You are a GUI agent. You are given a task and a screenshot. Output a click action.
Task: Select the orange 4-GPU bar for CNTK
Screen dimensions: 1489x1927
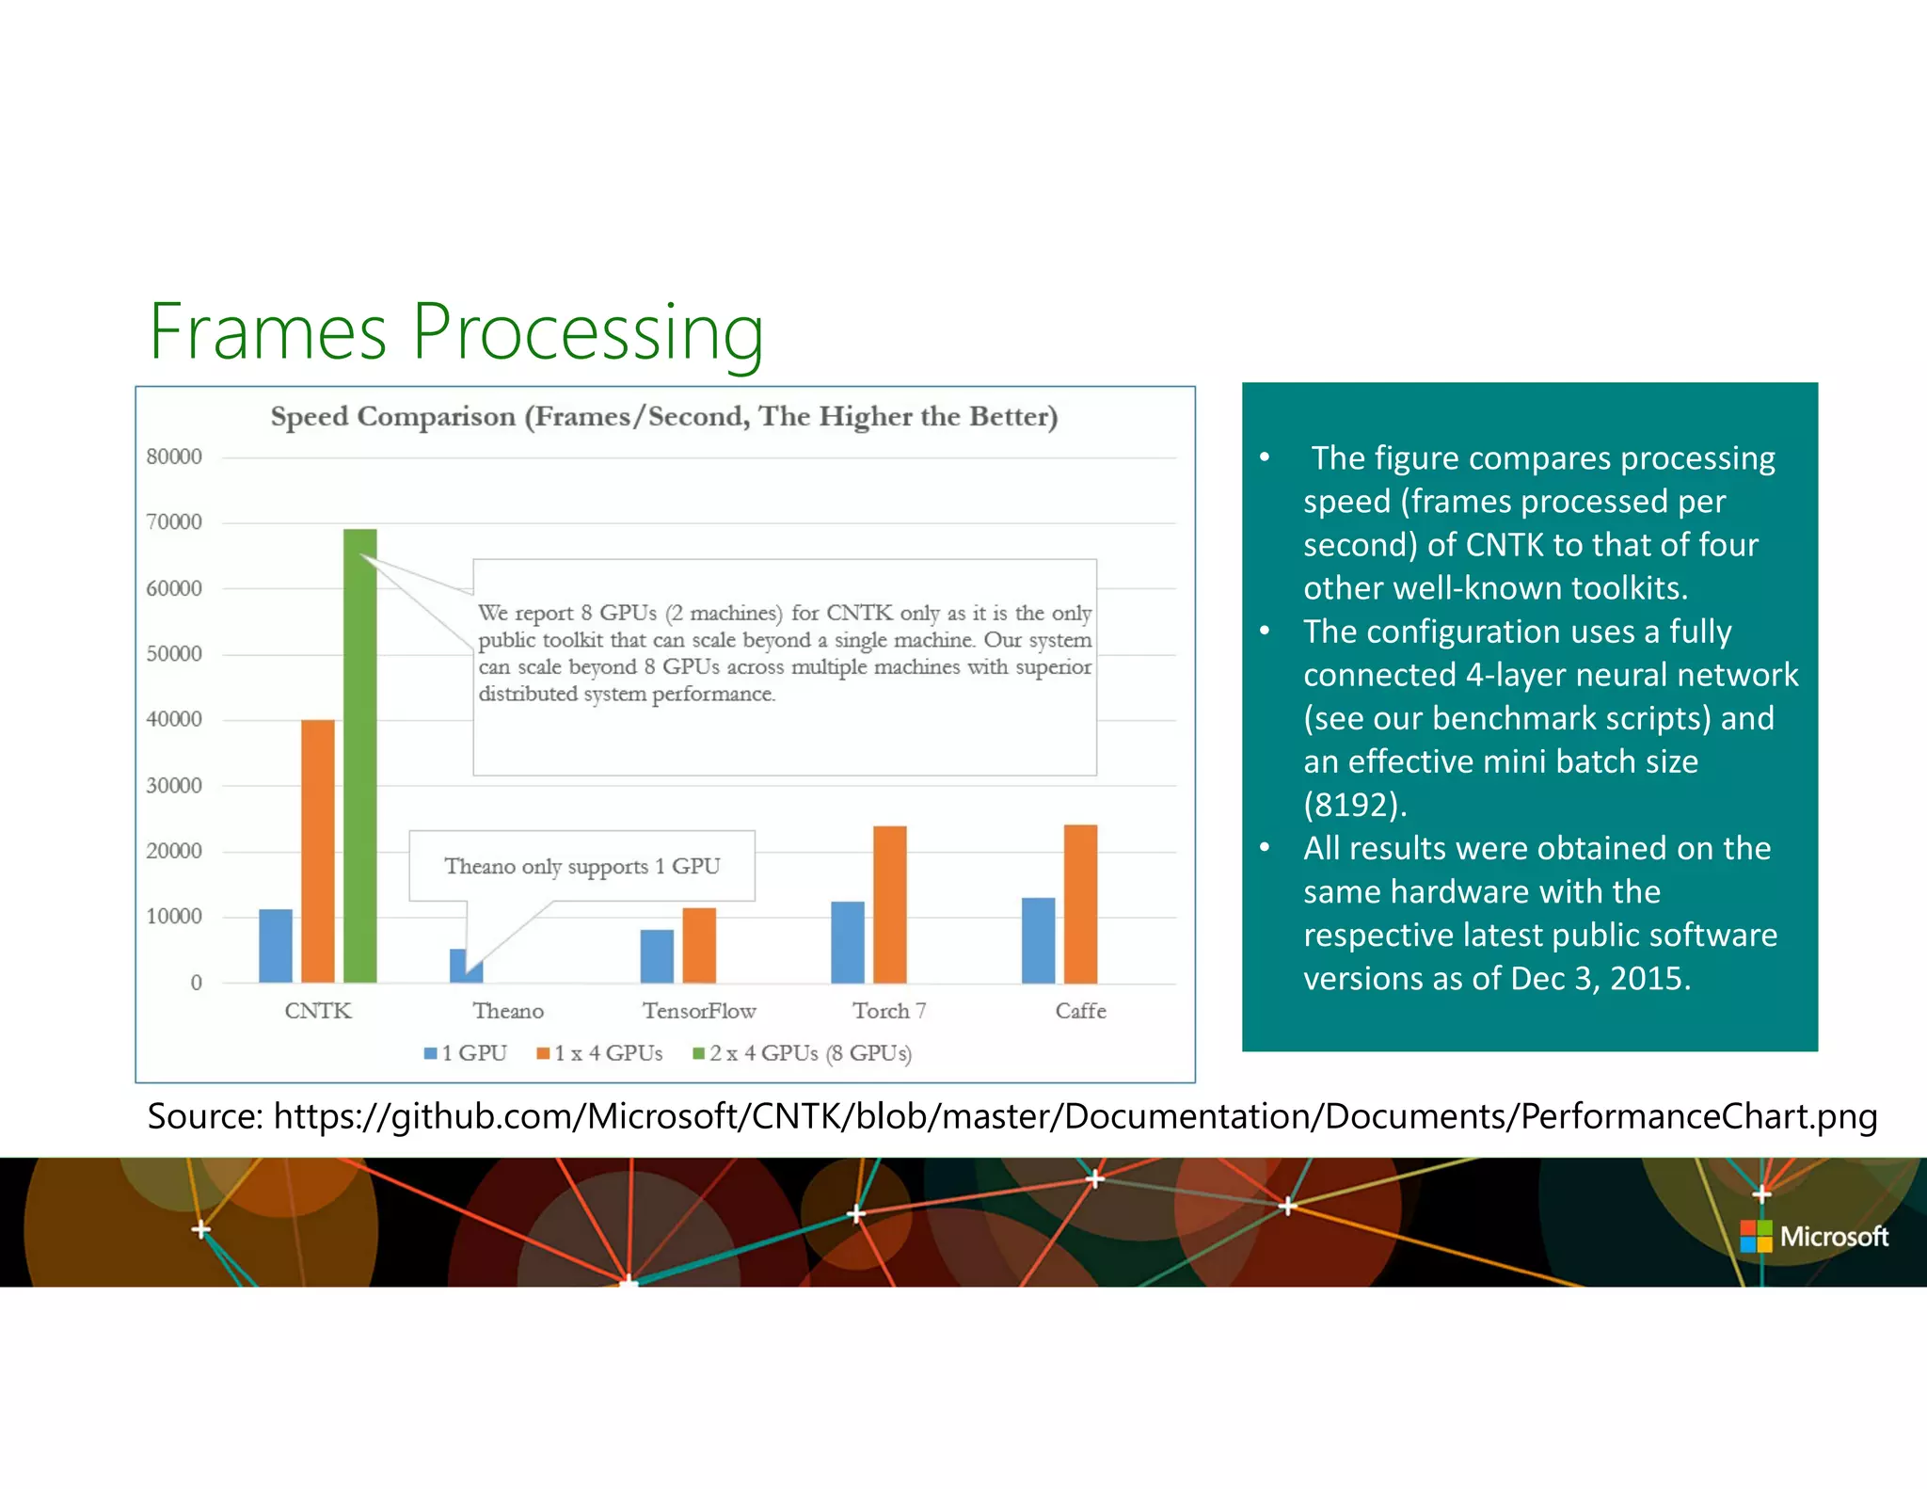coord(318,851)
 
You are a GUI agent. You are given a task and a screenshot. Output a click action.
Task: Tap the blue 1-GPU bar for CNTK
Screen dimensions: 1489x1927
coord(276,946)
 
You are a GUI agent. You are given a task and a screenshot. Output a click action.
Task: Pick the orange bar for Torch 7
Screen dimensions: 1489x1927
coord(890,905)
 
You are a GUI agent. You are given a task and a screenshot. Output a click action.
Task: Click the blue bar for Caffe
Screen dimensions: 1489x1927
coord(1039,940)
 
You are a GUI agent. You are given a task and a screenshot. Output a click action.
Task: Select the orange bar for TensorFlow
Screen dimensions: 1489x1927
coord(699,945)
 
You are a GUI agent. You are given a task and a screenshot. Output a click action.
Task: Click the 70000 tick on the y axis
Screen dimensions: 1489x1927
coord(174,522)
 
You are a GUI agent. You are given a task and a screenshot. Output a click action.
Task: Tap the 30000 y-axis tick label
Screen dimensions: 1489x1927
coord(174,785)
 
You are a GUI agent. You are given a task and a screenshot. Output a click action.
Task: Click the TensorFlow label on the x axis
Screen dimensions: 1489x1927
coord(699,1011)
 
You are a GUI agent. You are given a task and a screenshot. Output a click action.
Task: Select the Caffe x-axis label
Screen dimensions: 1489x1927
coord(1080,1011)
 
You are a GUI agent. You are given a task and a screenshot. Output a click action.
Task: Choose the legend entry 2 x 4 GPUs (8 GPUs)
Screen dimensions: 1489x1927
coord(803,1053)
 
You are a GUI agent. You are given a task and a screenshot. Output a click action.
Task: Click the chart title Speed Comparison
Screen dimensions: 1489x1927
coord(664,416)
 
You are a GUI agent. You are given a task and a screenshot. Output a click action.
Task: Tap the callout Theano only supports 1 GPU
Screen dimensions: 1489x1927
coord(581,866)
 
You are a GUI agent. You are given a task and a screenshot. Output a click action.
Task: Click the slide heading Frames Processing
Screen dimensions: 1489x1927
coord(456,331)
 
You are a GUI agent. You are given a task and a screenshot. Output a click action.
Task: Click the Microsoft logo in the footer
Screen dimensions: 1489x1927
coord(1814,1236)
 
